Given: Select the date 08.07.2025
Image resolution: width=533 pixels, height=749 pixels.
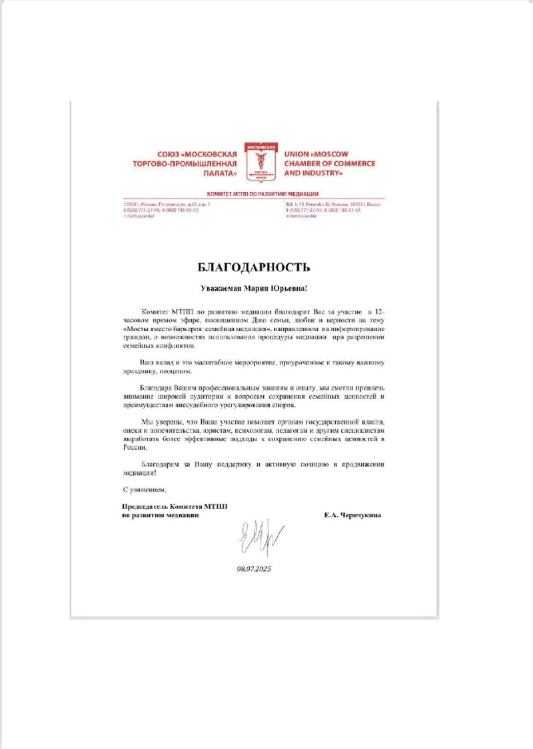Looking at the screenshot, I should [x=255, y=570].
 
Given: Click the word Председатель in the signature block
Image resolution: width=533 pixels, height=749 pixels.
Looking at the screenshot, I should [x=139, y=507].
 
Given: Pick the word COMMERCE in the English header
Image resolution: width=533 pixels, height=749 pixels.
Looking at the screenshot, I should [x=352, y=163].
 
